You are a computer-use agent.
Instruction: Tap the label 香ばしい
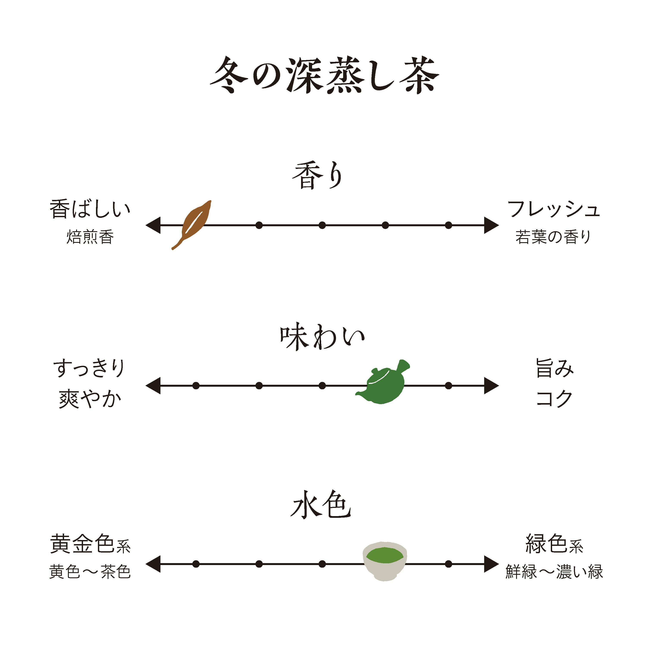tap(90, 209)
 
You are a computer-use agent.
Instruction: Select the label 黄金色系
tap(90, 545)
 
